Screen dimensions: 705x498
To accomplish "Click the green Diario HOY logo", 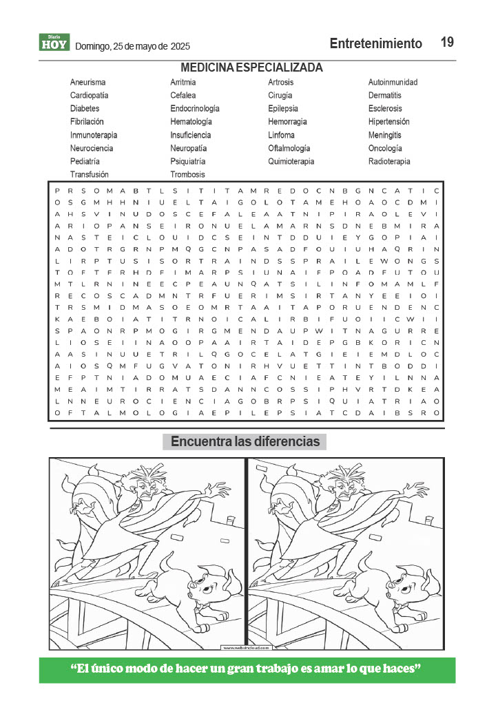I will pos(54,43).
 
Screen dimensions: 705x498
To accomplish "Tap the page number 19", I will pos(447,43).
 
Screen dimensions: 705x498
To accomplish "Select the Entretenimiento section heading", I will pos(375,43).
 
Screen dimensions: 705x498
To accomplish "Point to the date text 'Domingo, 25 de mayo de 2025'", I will pos(132,46).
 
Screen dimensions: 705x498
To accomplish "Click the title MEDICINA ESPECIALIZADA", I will pos(251,67).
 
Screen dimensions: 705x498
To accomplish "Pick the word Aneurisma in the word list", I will pos(87,83).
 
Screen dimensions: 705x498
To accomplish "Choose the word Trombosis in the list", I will pos(187,175).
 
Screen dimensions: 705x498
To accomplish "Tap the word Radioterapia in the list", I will pos(388,162).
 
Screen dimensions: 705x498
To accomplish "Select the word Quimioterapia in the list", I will pos(291,162).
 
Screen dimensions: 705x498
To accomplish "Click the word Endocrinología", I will pos(195,109).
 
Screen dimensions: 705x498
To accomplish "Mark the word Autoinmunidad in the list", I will pos(393,83).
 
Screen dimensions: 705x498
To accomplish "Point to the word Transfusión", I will pos(89,175).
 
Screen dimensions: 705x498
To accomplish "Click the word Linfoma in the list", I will pos(281,135).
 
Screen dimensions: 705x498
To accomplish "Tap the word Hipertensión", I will pos(388,122).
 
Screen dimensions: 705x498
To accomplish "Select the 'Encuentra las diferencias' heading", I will pos(245,441).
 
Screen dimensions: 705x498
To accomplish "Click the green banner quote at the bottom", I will pos(247,670).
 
